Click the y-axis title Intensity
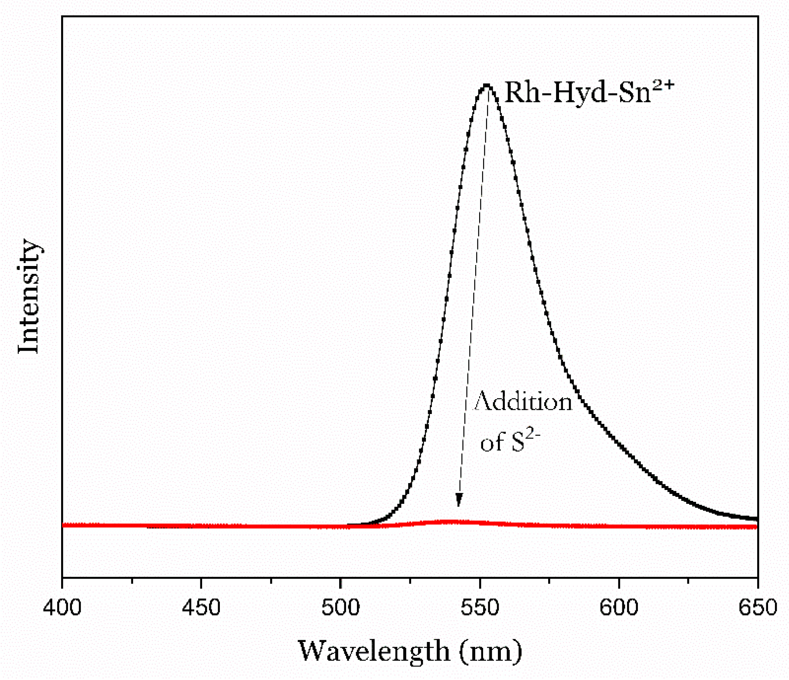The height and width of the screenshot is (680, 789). point(29,296)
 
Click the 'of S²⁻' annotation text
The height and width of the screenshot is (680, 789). point(510,443)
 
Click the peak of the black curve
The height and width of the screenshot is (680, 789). point(487,85)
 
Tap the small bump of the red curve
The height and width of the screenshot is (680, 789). point(453,522)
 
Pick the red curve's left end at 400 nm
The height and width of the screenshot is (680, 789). point(63,525)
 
